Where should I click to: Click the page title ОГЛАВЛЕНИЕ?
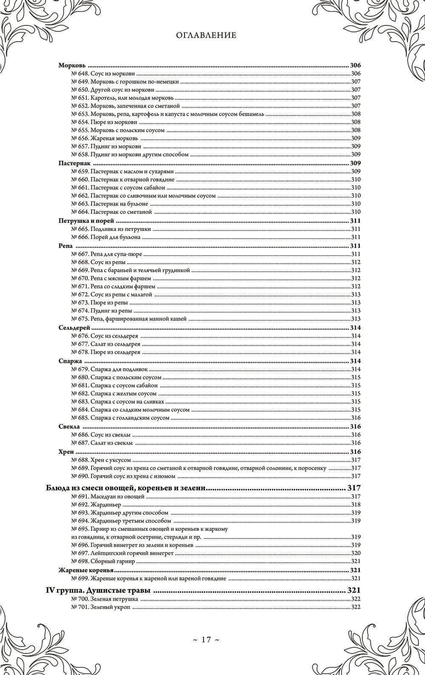point(206,35)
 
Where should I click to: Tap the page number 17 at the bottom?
point(206,639)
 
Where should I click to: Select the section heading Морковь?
point(72,66)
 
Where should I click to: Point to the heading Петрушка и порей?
point(87,221)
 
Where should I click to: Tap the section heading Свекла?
point(69,427)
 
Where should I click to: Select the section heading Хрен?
point(66,452)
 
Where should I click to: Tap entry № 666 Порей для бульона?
point(106,237)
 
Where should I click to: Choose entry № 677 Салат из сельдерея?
point(106,344)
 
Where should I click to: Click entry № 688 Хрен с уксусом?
point(101,460)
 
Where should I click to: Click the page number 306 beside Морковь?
point(355,66)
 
